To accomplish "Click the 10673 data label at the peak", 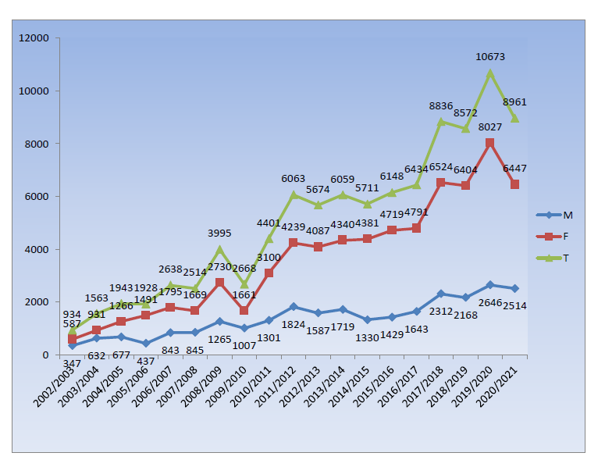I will point(490,57).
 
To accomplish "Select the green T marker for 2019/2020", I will point(490,73).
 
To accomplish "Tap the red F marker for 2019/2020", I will point(490,143).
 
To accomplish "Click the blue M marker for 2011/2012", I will point(294,307).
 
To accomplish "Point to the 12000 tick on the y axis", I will point(34,38).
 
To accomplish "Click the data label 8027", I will point(490,127).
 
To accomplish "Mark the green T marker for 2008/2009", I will point(219,250).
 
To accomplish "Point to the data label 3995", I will point(221,233).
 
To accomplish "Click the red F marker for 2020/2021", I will point(514,184).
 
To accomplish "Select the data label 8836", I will point(442,105).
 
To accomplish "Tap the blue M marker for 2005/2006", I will point(146,344).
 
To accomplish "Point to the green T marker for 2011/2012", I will point(294,195).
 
